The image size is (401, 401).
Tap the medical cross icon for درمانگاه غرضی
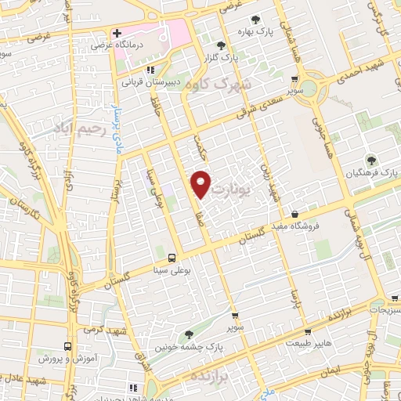[117, 34]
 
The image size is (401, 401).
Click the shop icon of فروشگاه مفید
[294, 214]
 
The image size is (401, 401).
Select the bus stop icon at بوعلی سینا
[171, 257]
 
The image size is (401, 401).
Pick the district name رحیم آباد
[79, 126]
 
